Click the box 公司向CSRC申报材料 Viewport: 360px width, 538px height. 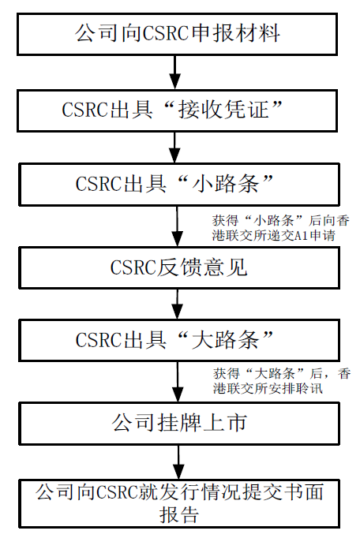pyautogui.click(x=178, y=34)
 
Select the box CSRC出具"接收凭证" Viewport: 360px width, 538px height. pyautogui.click(x=178, y=110)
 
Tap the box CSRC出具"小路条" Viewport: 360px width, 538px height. pyautogui.click(x=179, y=185)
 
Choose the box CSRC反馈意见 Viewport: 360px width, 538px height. pyautogui.click(x=179, y=267)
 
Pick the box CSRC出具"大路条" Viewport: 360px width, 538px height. pyautogui.click(x=179, y=340)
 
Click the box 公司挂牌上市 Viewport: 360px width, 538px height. pyautogui.click(x=179, y=424)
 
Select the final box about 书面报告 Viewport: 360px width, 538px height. pyautogui.click(x=179, y=503)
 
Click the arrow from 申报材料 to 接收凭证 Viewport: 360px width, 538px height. pyautogui.click(x=175, y=73)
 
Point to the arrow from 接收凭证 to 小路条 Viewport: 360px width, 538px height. pyautogui.click(x=175, y=148)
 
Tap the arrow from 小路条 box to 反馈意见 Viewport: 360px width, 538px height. pyautogui.click(x=178, y=226)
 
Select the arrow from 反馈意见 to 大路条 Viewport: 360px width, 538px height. pyautogui.click(x=178, y=304)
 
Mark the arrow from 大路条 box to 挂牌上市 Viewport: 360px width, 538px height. pyautogui.click(x=178, y=382)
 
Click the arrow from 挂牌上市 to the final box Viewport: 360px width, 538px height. pyautogui.click(x=178, y=462)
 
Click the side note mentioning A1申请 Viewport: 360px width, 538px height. pyautogui.click(x=280, y=228)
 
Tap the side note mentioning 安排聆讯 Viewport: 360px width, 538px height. pyautogui.click(x=282, y=381)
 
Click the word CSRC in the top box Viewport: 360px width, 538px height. pyautogui.click(x=165, y=34)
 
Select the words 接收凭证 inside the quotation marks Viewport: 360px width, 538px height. pyautogui.click(x=223, y=110)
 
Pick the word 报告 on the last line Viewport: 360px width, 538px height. pyautogui.click(x=179, y=514)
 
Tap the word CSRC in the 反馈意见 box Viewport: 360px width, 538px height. pyautogui.click(x=133, y=267)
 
